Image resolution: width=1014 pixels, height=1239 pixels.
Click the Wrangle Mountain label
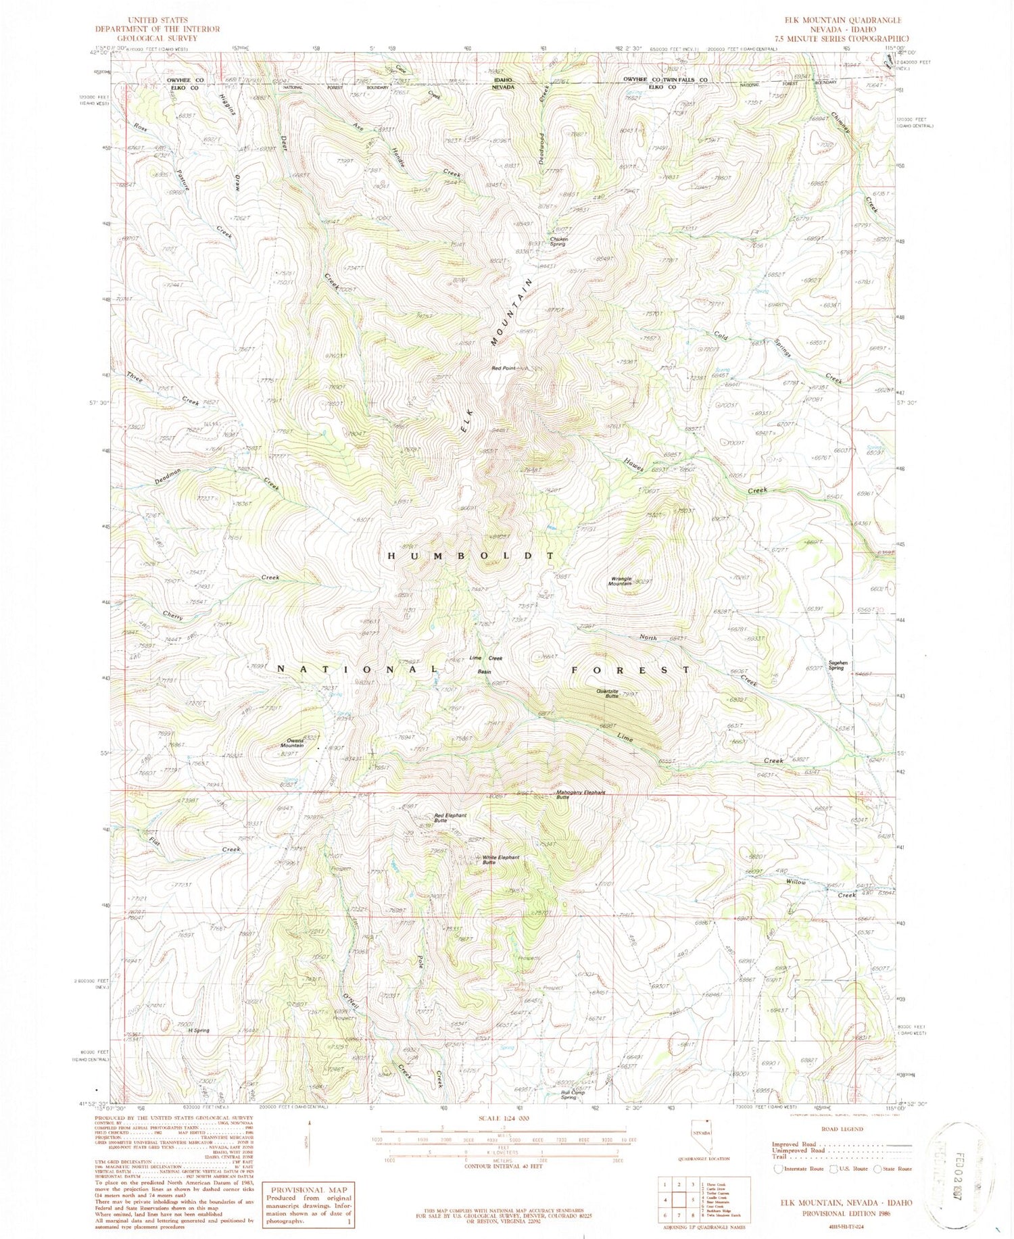click(621, 581)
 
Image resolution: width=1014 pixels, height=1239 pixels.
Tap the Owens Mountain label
click(291, 742)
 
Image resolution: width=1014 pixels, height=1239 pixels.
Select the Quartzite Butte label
click(608, 693)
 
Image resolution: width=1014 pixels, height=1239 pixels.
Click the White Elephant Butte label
click(501, 860)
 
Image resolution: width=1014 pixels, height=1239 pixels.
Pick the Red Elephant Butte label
click(450, 818)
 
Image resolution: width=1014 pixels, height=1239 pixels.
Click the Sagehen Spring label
click(836, 665)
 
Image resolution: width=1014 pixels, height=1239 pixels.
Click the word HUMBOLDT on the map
click(470, 555)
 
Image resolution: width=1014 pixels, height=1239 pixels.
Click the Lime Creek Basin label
click(485, 664)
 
